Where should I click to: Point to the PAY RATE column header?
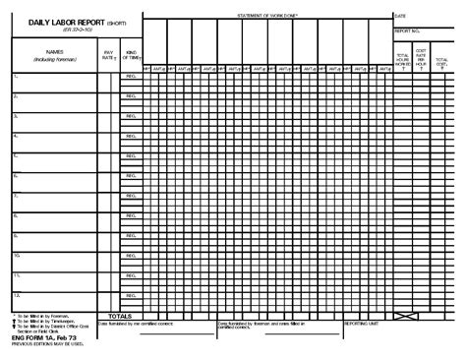pyautogui.click(x=108, y=57)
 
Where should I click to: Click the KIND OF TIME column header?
pyautogui.click(x=131, y=57)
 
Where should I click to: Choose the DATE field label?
pyautogui.click(x=401, y=17)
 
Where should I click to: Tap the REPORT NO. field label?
pyautogui.click(x=407, y=31)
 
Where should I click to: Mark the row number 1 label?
pyautogui.click(x=17, y=76)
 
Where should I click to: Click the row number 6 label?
pyautogui.click(x=17, y=175)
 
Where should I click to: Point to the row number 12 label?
pyautogui.click(x=18, y=294)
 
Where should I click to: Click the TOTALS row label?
pyautogui.click(x=125, y=316)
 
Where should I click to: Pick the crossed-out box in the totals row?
pyautogui.click(x=402, y=316)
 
